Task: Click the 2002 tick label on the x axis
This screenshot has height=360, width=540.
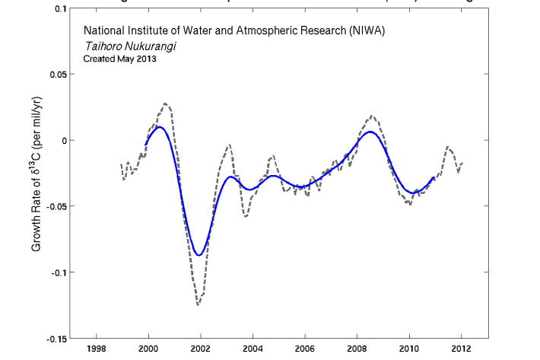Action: click(200, 351)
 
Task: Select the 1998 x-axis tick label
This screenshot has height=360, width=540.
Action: click(96, 351)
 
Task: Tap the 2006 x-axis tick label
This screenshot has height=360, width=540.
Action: click(305, 351)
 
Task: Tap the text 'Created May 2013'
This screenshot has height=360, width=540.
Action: click(119, 59)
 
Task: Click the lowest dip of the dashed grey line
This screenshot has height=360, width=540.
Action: click(199, 304)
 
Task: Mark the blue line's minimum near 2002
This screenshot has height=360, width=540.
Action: click(199, 255)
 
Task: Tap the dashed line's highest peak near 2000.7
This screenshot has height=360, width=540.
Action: click(166, 104)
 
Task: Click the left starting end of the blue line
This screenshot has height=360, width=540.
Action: click(145, 145)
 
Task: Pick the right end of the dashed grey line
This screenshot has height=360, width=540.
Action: click(462, 163)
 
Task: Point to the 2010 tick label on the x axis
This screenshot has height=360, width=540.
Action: click(409, 351)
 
